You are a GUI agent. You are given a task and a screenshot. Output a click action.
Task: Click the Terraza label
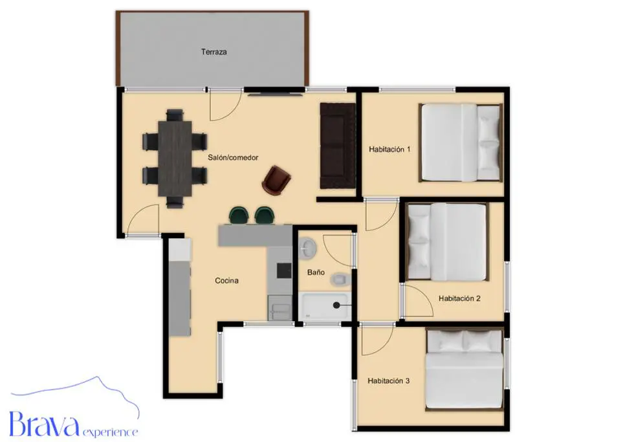(214, 52)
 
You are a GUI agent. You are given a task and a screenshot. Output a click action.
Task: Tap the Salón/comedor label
(233, 157)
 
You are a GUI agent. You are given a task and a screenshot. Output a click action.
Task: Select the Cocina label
(227, 281)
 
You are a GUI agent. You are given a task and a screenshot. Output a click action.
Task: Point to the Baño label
(316, 272)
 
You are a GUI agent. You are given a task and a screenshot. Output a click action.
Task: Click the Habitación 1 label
(389, 149)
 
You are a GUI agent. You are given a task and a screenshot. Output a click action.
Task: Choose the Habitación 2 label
(459, 298)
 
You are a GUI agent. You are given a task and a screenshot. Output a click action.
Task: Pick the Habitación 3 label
(389, 381)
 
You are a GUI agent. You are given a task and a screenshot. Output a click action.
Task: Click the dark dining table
(175, 159)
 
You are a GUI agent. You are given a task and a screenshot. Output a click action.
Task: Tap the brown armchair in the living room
(276, 180)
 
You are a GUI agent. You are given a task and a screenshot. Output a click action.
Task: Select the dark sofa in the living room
(338, 146)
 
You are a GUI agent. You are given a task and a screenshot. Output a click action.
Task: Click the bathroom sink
(308, 248)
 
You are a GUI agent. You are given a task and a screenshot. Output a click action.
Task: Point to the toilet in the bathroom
(340, 280)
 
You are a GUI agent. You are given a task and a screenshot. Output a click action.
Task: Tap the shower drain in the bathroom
(336, 305)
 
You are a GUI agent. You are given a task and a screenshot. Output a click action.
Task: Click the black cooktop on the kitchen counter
(284, 271)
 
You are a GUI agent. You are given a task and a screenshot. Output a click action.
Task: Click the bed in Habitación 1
(461, 142)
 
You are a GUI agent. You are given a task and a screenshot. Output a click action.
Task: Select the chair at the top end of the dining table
(175, 115)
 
